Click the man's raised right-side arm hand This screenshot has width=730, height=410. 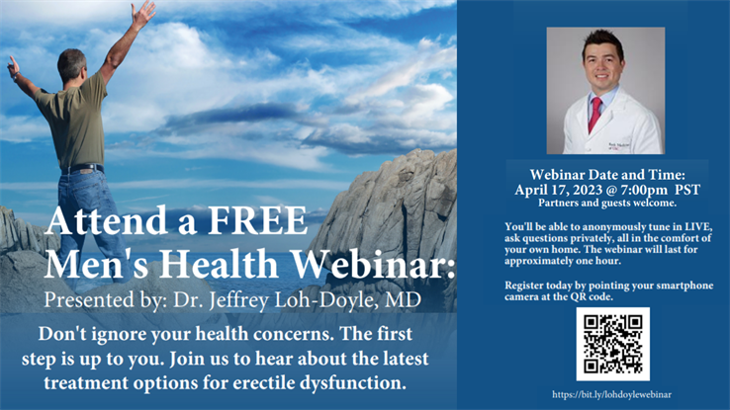point(145,12)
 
